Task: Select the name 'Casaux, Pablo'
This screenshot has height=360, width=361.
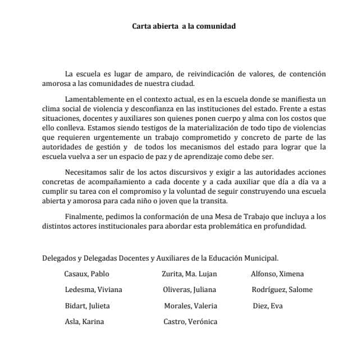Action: [86, 274]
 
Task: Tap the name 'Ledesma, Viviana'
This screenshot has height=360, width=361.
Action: [93, 290]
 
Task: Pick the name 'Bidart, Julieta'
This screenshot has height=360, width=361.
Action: [87, 306]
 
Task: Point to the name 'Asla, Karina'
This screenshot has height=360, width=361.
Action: [84, 322]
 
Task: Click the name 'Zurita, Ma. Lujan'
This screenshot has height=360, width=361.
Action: [189, 274]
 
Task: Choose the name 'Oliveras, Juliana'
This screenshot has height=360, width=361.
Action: [189, 290]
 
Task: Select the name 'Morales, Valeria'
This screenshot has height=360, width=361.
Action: [190, 306]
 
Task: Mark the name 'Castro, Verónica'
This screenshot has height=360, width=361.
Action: [190, 322]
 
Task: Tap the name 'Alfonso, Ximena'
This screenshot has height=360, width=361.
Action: [277, 274]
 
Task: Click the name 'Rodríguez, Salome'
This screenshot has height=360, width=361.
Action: [282, 290]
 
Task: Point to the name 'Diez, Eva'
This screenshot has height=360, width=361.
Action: [268, 306]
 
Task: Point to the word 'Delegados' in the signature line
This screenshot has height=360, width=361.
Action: [59, 258]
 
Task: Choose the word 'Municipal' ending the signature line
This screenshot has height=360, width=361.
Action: [261, 258]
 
